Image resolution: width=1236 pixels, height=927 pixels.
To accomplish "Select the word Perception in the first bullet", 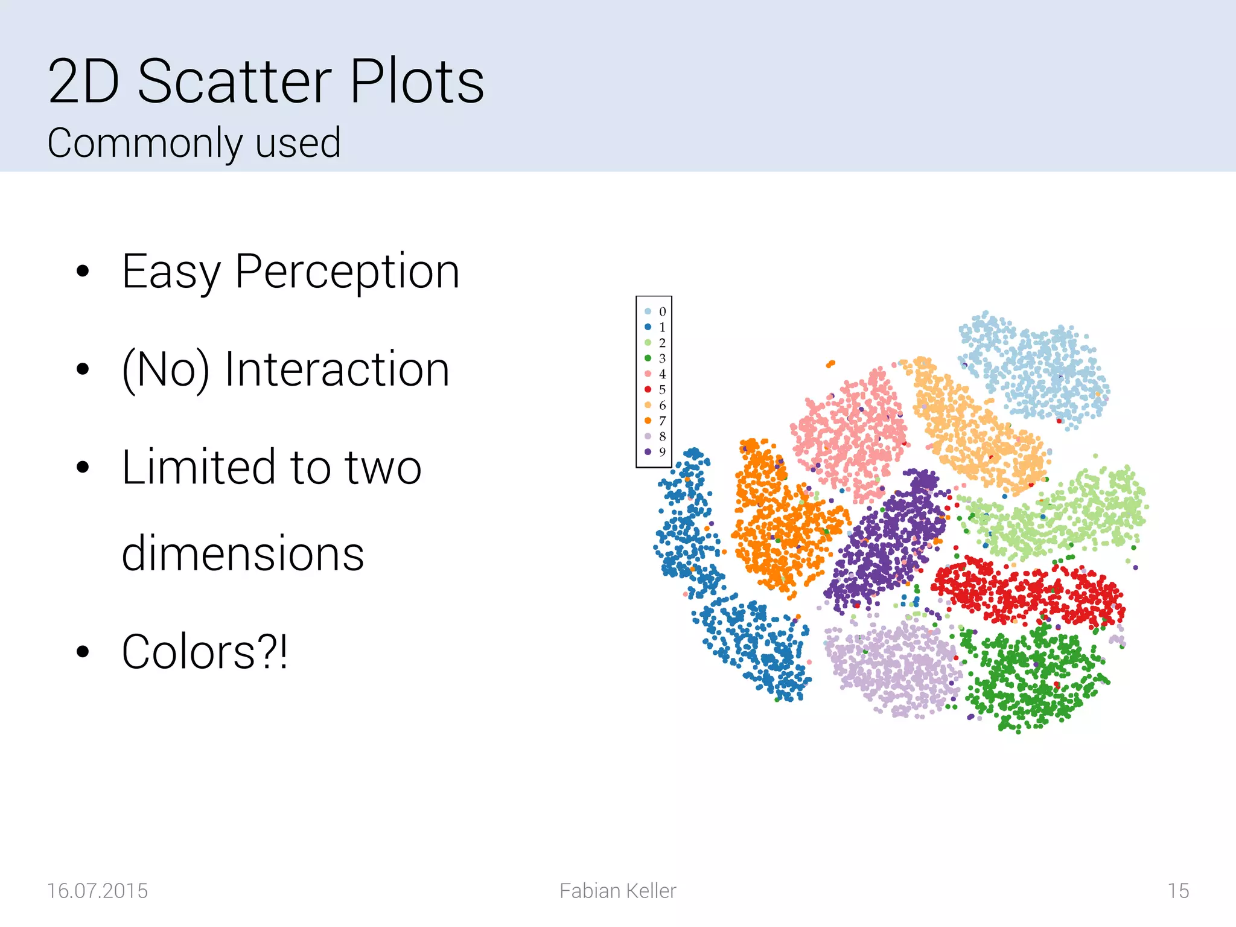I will [x=347, y=272].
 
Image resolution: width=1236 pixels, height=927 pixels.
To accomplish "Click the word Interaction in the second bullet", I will [x=337, y=369].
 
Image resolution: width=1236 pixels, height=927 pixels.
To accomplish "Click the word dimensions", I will [x=243, y=554].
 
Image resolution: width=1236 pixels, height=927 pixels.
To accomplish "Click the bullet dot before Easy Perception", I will [x=83, y=272].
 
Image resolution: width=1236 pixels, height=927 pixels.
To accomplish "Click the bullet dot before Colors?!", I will [x=83, y=652].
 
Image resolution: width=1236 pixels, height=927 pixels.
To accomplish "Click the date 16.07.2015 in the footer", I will [x=97, y=891].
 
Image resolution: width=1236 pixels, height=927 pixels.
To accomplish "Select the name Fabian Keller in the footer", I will [x=617, y=891].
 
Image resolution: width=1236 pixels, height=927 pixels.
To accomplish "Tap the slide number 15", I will [x=1177, y=891].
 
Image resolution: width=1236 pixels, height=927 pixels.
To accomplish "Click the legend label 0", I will [x=662, y=311].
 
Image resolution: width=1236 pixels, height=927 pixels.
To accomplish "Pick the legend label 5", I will [x=662, y=389].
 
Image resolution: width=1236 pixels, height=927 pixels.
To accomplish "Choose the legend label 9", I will [x=662, y=451].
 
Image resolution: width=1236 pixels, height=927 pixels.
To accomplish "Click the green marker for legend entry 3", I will [x=648, y=358].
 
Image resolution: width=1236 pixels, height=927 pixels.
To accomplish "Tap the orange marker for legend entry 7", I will [x=648, y=421].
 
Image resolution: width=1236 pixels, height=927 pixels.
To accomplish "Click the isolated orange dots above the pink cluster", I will [x=830, y=363].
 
